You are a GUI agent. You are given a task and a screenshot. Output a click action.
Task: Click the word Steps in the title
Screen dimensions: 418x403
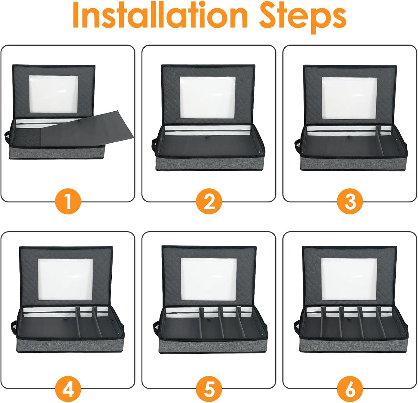pos(303,18)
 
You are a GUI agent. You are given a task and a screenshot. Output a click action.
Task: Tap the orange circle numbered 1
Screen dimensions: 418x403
pos(68,202)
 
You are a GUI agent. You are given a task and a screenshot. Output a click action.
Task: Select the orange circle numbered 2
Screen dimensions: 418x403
pos(209,202)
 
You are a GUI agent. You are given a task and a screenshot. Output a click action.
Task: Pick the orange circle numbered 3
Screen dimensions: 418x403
pos(350,202)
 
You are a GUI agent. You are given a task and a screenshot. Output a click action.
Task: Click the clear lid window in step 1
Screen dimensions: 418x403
pos(54,94)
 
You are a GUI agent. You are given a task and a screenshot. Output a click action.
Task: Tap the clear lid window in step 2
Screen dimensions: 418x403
pos(208,97)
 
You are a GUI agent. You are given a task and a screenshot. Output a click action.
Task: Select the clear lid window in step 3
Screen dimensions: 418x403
pos(350,98)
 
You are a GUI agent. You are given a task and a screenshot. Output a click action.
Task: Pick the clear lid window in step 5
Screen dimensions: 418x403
pos(209,279)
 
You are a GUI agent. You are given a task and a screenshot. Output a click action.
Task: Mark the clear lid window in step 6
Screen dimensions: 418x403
pos(349,279)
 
